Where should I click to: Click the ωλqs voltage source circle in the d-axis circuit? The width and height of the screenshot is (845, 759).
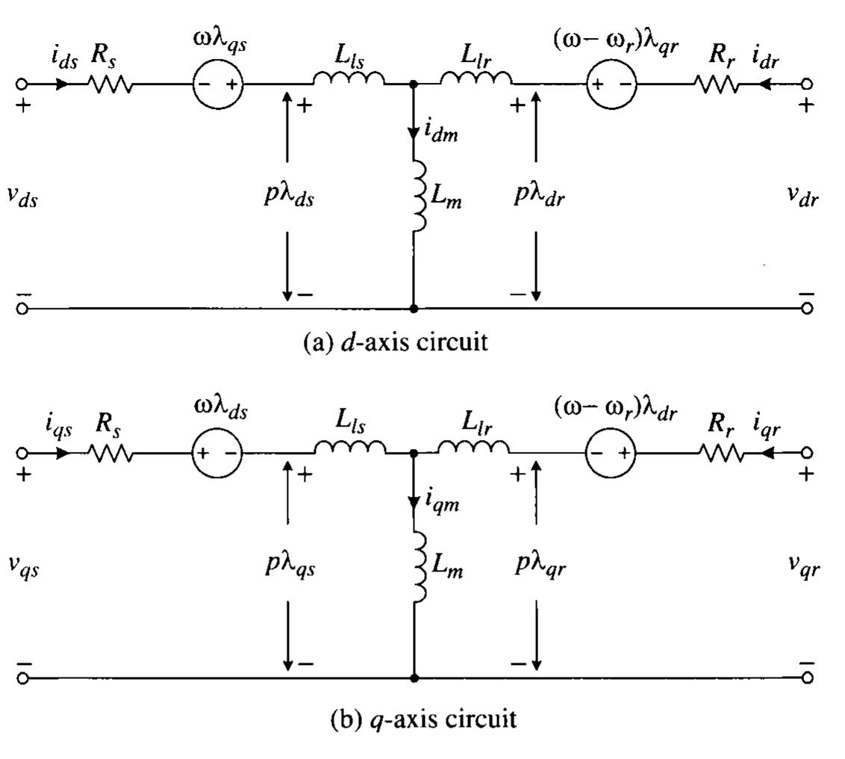click(218, 84)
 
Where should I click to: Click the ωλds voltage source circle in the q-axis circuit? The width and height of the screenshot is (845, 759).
click(217, 453)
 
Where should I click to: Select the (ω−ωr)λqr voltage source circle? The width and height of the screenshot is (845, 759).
click(614, 84)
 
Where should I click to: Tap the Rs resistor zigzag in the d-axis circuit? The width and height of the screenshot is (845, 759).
click(110, 84)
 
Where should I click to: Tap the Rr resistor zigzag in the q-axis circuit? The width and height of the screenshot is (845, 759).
click(721, 453)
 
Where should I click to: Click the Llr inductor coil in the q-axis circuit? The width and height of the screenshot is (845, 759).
click(473, 447)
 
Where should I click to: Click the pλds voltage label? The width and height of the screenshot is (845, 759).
click(289, 199)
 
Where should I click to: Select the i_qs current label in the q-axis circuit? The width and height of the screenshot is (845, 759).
click(57, 427)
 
